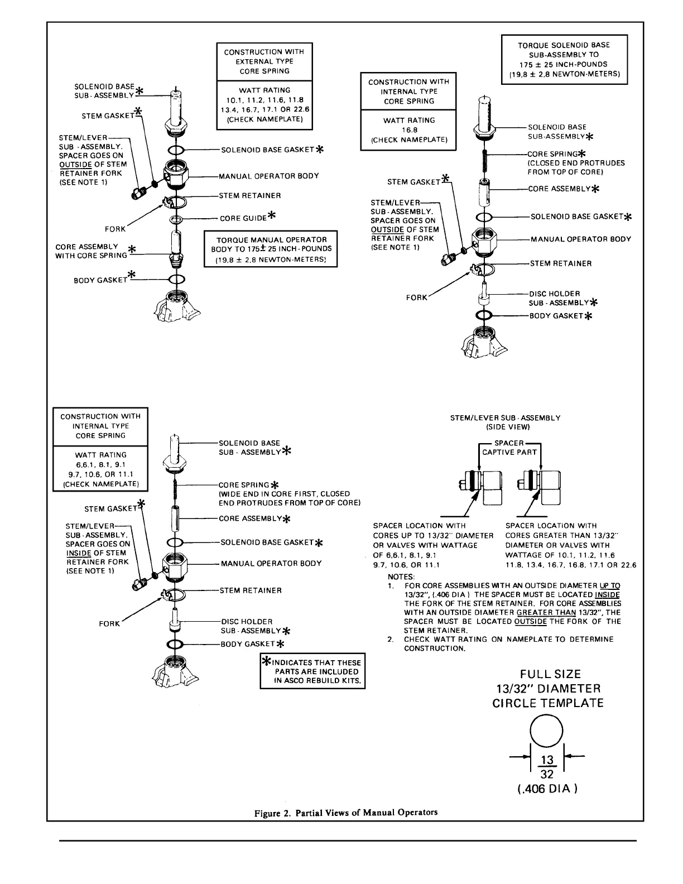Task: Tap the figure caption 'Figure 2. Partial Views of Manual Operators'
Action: click(346, 813)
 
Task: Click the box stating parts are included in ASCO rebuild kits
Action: click(312, 672)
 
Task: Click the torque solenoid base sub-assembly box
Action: click(564, 59)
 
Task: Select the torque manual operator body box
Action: click(271, 248)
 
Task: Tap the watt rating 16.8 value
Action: click(408, 130)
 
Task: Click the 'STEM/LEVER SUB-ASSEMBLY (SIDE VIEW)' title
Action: click(505, 422)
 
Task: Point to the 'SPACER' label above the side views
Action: click(508, 443)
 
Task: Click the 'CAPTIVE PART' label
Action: click(509, 452)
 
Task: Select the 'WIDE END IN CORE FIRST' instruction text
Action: click(285, 494)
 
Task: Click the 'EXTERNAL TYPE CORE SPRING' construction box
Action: click(264, 61)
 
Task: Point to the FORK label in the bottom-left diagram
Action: click(109, 623)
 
